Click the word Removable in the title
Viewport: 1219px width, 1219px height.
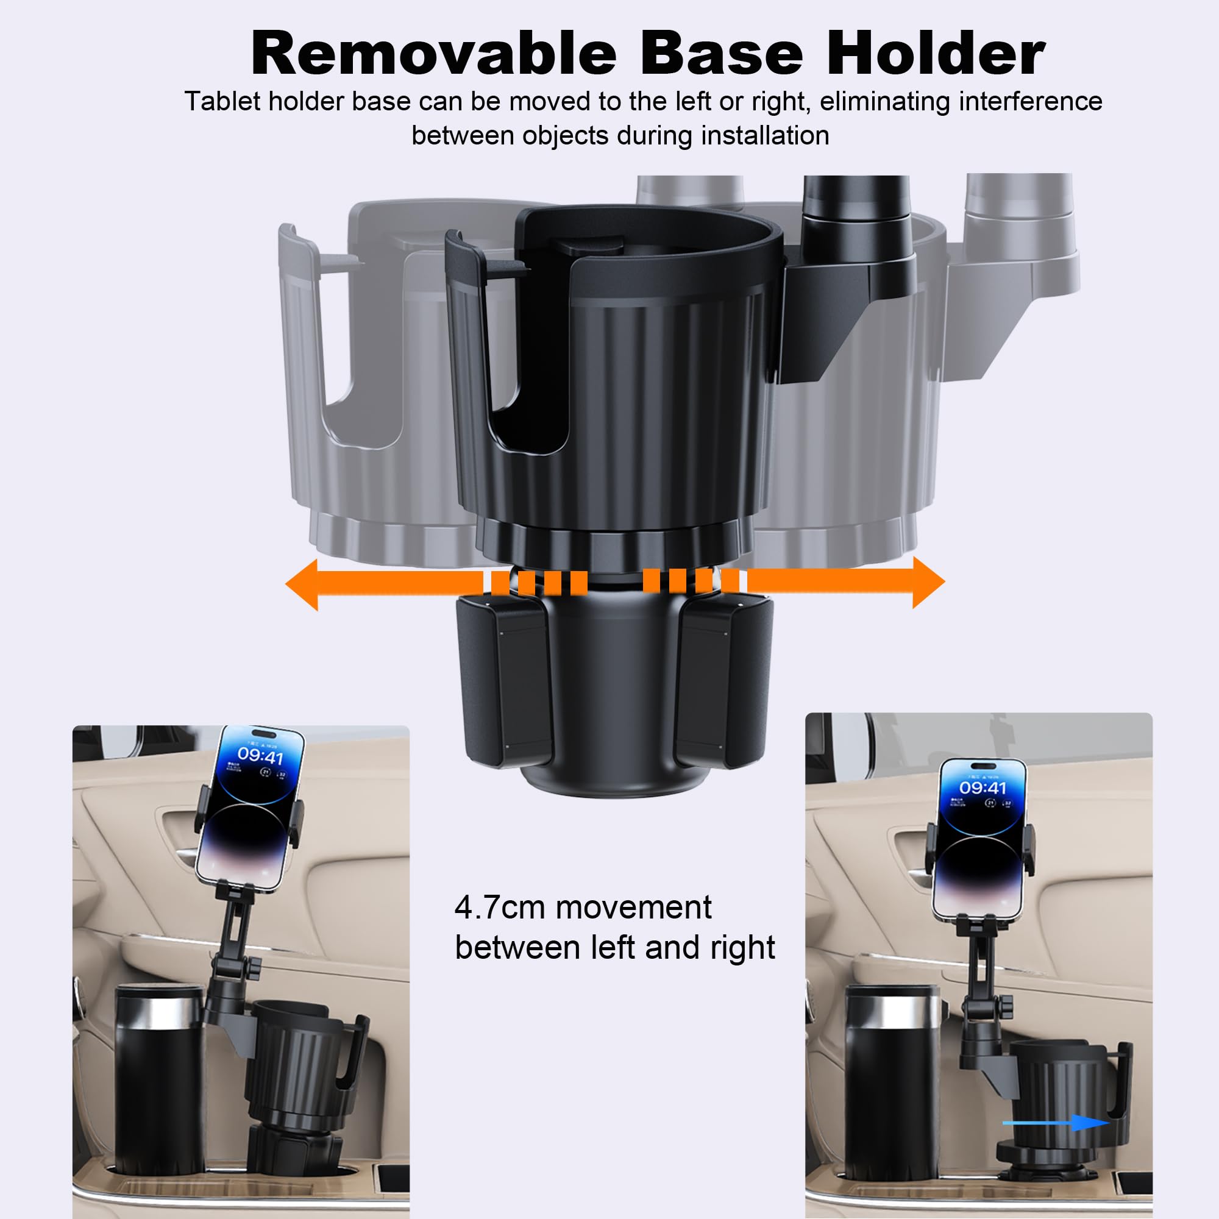click(x=433, y=54)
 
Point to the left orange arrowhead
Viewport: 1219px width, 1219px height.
click(x=303, y=585)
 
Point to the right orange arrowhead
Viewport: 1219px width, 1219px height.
click(x=928, y=582)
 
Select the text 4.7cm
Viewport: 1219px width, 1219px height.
click(x=499, y=908)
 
